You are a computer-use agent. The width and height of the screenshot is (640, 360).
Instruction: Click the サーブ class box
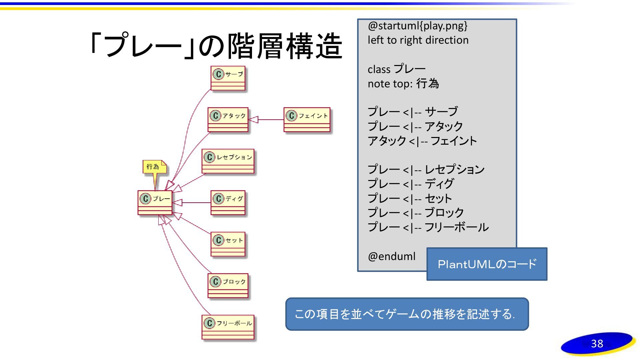pos(228,78)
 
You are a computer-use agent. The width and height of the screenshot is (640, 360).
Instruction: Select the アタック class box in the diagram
pos(228,120)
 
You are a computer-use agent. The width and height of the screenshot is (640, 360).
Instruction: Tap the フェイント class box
pos(307,120)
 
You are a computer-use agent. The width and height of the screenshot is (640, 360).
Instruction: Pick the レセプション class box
pos(228,161)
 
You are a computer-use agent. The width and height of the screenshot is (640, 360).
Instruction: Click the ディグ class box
pos(228,203)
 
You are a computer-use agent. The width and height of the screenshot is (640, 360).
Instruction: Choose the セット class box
pos(228,244)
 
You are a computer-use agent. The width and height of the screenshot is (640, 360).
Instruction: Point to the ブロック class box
pos(228,286)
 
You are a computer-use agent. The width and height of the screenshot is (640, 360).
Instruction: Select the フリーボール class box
pos(228,327)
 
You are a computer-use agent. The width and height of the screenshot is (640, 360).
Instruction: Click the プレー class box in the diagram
pos(155,203)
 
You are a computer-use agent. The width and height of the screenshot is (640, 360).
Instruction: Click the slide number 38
pos(597,344)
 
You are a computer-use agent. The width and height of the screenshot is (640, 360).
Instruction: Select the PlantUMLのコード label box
pos(487,264)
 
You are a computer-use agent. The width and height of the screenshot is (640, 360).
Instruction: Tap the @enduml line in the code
pos(392,256)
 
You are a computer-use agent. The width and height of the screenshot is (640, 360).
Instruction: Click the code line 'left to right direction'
pos(418,40)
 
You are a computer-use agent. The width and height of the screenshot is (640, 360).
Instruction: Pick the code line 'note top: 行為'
pos(403,84)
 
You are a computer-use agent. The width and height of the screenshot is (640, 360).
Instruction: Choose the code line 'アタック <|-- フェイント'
pos(422,141)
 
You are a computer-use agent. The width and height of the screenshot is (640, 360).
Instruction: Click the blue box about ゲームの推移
pos(407,314)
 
